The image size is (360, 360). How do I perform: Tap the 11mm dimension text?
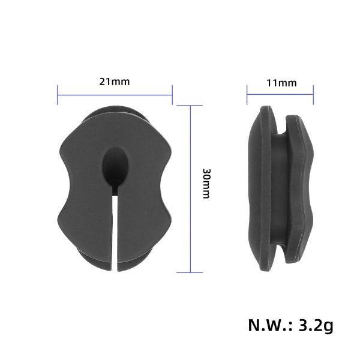tap(281, 83)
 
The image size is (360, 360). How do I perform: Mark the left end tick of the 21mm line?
tap(58, 94)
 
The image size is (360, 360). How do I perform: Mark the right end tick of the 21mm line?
tap(172, 94)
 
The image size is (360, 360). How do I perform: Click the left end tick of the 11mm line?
tap(247, 94)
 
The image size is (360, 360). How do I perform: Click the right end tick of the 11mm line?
tap(314, 94)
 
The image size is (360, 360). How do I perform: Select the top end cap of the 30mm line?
tap(191, 106)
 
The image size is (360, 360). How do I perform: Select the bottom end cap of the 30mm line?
tap(191, 272)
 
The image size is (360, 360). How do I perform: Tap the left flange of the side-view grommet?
tap(260, 186)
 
